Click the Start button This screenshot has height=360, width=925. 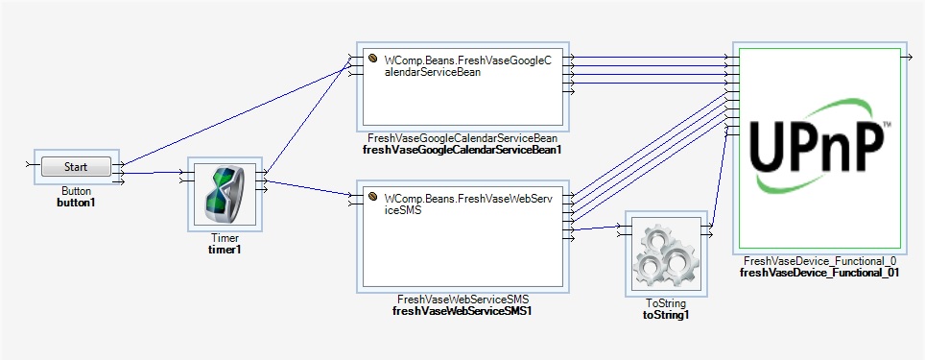(76, 167)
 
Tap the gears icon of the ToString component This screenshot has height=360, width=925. (666, 249)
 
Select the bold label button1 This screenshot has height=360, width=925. (76, 204)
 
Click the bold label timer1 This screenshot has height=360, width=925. (225, 250)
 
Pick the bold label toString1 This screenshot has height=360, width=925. (666, 314)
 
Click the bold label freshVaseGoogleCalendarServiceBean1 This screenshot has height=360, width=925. (462, 150)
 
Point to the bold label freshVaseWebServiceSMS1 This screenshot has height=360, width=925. (462, 311)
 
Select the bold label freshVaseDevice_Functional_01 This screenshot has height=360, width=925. (818, 273)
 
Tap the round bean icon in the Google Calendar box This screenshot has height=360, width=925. (374, 60)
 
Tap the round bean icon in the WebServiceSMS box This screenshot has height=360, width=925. (374, 199)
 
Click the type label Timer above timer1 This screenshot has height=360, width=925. (225, 238)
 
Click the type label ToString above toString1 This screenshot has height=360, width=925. (666, 302)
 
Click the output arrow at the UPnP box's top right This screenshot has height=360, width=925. (906, 58)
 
